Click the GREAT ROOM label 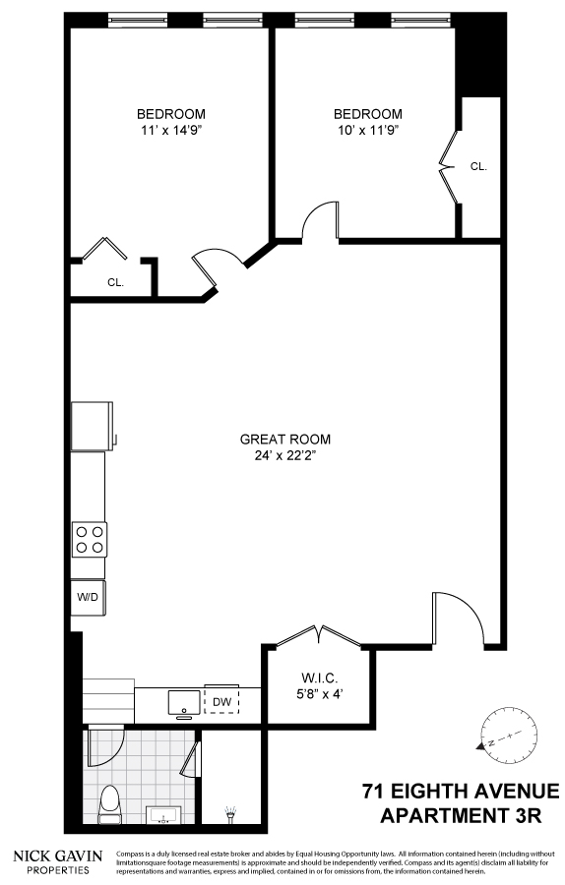(284, 440)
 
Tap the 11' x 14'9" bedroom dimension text (170, 130)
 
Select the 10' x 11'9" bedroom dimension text (367, 130)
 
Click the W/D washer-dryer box (89, 597)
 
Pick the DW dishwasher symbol (220, 700)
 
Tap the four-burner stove (90, 539)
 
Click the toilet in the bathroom (110, 801)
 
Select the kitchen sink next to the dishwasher (184, 702)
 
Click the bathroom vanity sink (163, 813)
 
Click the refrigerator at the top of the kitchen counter (93, 425)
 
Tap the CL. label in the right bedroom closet (478, 166)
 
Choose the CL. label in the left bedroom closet (115, 282)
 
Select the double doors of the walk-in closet (317, 635)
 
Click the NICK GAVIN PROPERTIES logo (56, 861)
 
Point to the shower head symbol (231, 812)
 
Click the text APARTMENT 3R (470, 814)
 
